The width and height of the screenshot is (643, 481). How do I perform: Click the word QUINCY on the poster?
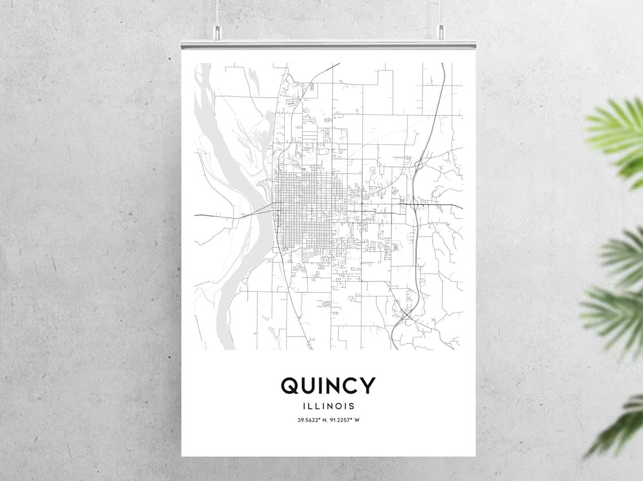(328, 386)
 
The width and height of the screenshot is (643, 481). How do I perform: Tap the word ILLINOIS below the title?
(328, 406)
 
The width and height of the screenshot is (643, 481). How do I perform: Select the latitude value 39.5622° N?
(313, 420)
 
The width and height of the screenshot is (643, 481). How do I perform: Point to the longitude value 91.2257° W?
(345, 420)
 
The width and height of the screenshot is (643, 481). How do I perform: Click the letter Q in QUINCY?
(289, 386)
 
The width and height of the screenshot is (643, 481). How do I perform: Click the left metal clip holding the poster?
(216, 33)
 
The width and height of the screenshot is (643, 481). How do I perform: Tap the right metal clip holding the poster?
(441, 33)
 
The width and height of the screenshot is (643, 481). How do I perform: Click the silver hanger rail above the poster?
(328, 44)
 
